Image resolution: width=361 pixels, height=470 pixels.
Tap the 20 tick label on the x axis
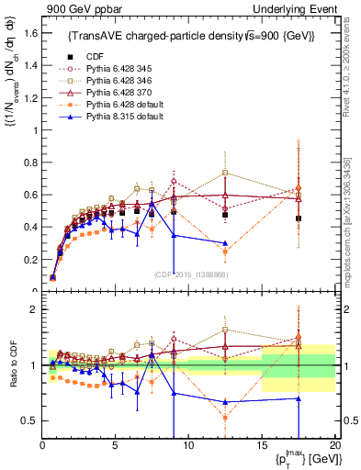coord(334,446)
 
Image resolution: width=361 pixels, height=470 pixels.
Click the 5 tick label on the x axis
coord(115,446)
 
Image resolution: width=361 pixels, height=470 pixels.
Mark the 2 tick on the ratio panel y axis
coord(33,309)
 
